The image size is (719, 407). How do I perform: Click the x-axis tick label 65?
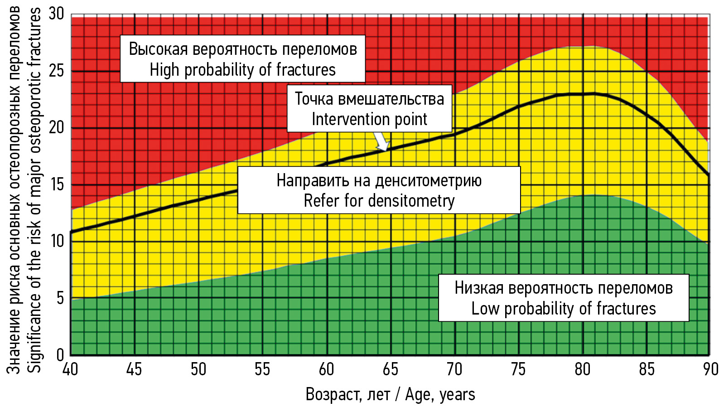coord(390,369)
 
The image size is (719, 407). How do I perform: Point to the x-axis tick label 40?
coord(70,369)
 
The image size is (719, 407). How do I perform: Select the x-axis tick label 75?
coord(518,369)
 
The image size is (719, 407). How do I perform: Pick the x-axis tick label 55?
coord(262,369)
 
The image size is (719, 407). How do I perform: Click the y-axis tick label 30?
coord(57,14)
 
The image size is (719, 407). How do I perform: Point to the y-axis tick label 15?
coord(57,184)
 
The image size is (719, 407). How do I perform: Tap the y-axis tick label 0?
coord(60,354)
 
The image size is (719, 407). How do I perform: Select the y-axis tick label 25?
coord(57,71)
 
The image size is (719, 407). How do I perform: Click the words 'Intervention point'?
coord(369,119)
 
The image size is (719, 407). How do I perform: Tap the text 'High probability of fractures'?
coord(242,70)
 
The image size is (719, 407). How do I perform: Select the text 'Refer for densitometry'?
coord(379,200)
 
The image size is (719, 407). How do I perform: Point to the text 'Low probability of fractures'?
coord(563,309)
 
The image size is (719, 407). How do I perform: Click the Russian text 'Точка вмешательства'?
coord(369,99)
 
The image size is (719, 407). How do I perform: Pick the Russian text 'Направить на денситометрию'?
coord(379,180)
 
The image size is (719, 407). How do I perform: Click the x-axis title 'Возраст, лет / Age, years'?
coord(390,394)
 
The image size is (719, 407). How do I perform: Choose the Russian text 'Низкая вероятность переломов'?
coord(563,288)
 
